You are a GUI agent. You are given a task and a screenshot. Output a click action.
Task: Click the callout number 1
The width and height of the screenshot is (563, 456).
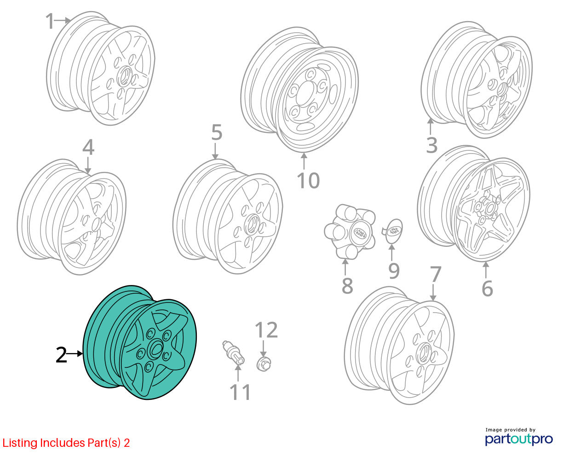tap(50, 21)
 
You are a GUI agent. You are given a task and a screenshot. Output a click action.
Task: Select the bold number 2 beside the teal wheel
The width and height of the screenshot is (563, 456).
tap(62, 355)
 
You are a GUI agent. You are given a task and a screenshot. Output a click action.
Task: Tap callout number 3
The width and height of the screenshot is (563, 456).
tap(431, 145)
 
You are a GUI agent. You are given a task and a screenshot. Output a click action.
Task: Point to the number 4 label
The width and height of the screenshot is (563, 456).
tap(88, 148)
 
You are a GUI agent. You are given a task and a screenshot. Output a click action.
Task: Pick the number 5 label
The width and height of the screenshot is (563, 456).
tap(217, 132)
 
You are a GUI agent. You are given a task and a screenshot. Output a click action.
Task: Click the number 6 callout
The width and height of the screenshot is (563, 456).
tap(488, 288)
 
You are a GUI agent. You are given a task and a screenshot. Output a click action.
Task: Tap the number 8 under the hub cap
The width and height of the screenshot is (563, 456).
tap(347, 285)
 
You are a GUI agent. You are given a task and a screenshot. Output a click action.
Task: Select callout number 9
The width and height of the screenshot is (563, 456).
tap(394, 271)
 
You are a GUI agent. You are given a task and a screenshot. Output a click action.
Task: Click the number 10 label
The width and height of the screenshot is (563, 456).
tap(308, 181)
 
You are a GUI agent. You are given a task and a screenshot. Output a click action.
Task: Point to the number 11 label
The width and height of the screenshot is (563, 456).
tap(240, 392)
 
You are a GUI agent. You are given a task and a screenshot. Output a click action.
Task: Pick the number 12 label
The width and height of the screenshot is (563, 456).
tap(266, 330)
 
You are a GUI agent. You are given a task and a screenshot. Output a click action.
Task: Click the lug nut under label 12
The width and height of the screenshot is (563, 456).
tap(264, 363)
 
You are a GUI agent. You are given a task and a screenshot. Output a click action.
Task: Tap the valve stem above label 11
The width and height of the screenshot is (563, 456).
tap(233, 353)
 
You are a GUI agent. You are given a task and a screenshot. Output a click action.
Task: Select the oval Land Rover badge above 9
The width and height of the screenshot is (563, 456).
tap(394, 231)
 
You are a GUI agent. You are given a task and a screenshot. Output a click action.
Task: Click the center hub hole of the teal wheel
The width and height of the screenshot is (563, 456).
tap(156, 349)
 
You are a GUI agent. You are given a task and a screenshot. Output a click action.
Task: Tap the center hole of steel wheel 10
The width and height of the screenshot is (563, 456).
tap(305, 93)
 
